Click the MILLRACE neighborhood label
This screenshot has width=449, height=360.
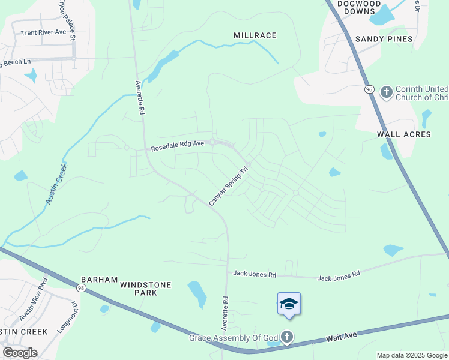click(255, 35)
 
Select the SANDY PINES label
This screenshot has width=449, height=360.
click(384, 39)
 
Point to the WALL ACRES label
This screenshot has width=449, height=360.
click(404, 134)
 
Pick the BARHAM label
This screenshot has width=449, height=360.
click(97, 280)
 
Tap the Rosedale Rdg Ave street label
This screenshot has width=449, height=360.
click(178, 146)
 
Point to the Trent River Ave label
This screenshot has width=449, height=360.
click(43, 32)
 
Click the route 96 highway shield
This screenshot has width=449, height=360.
click(369, 89)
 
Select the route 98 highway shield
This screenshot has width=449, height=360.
click(80, 287)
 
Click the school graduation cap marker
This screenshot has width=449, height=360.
click(289, 304)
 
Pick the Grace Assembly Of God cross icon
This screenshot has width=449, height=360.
click(287, 337)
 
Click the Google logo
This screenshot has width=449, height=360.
click(20, 353)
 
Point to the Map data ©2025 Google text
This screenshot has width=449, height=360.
click(412, 355)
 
